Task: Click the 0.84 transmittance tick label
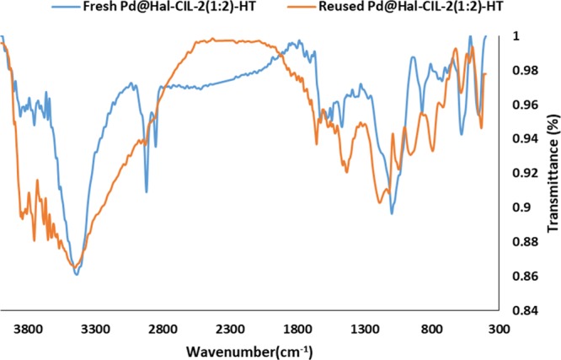click(x=524, y=310)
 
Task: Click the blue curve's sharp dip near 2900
click(x=146, y=191)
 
